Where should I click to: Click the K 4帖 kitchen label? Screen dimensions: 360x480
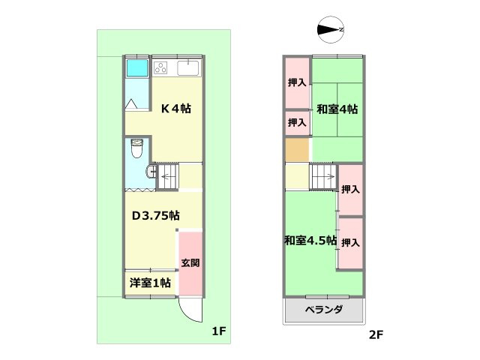(x=176, y=109)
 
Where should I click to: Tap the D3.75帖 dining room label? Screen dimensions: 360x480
(x=155, y=215)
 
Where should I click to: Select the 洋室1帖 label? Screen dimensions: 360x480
(x=150, y=283)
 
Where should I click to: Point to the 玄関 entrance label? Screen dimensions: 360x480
(x=190, y=263)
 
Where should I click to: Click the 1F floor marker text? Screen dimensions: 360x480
(x=218, y=331)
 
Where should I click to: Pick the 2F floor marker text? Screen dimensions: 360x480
(x=376, y=335)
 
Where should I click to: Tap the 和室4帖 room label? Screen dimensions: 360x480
(x=337, y=109)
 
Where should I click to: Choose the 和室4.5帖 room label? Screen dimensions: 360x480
(x=310, y=241)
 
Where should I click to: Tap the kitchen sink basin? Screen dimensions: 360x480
(x=188, y=69)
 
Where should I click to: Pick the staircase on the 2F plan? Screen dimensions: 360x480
(x=323, y=178)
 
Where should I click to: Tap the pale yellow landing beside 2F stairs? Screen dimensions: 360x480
(x=297, y=177)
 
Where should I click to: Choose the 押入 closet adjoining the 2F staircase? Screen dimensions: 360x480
(x=350, y=189)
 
